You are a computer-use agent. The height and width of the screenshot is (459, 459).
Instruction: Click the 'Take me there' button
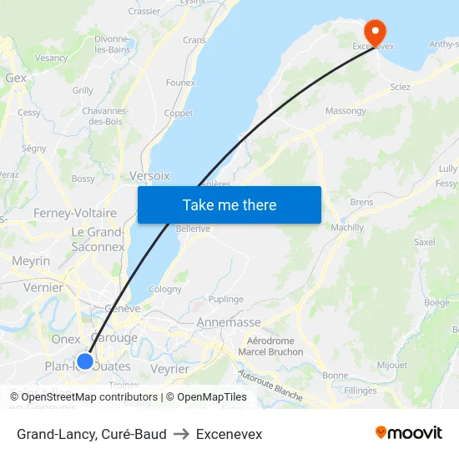click(229, 204)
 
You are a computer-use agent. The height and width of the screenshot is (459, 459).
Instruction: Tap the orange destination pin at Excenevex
click(376, 32)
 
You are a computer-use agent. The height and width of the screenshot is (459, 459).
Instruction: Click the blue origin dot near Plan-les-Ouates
click(85, 361)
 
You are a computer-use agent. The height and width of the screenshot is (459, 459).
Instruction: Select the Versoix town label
click(150, 176)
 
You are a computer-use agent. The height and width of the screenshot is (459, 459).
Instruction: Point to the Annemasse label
click(229, 322)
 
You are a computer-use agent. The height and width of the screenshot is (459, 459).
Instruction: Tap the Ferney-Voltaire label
click(75, 213)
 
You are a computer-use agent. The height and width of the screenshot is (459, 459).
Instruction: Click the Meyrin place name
click(31, 261)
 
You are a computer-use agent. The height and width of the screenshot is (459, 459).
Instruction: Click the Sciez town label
click(400, 87)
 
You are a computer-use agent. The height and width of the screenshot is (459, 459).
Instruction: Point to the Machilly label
click(347, 227)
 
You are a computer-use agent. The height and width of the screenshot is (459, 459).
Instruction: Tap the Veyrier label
click(170, 368)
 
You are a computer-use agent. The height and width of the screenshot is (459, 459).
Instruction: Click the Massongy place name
click(346, 111)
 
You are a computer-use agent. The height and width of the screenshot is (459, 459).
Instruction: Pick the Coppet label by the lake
click(178, 113)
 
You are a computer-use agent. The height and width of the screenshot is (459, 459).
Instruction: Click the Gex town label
click(16, 78)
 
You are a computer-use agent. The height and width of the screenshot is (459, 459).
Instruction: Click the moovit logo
click(409, 433)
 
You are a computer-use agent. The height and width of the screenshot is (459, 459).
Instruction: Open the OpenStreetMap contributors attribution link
click(84, 397)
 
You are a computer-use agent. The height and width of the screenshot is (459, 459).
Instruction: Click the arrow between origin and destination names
click(181, 434)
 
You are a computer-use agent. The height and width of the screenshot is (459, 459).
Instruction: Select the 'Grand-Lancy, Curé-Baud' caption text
click(91, 434)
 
